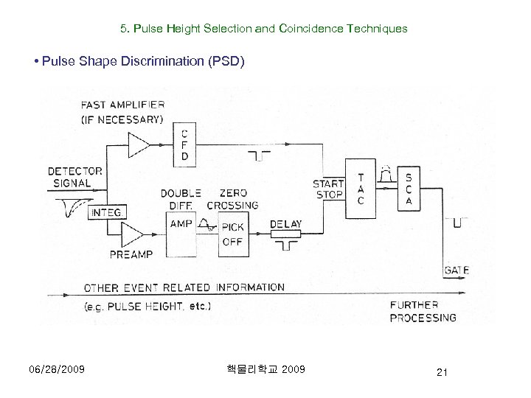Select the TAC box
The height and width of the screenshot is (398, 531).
360,190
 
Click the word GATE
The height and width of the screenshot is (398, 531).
457,270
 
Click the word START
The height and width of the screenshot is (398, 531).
328,183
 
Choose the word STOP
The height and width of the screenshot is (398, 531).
328,195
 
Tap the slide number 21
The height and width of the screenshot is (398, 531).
440,374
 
